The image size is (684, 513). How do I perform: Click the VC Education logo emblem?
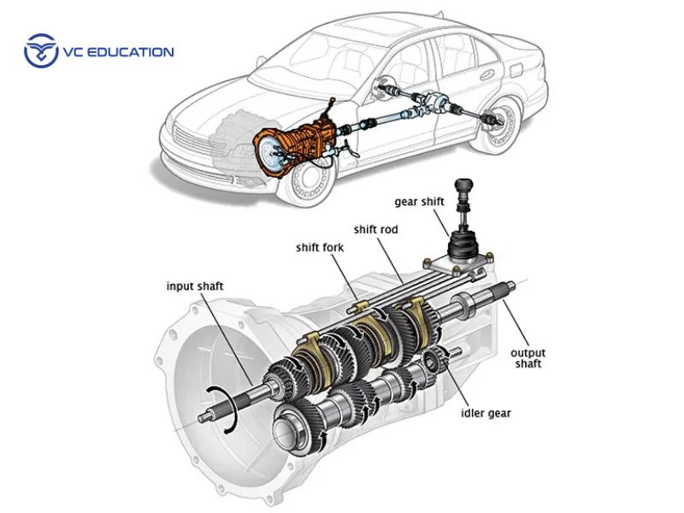point(40,51)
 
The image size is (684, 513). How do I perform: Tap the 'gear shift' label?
point(421,203)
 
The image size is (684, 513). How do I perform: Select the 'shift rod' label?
point(377,229)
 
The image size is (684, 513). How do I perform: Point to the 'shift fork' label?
point(320,248)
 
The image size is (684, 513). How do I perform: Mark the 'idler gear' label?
point(485,414)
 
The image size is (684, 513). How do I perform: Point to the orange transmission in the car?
point(295,142)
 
